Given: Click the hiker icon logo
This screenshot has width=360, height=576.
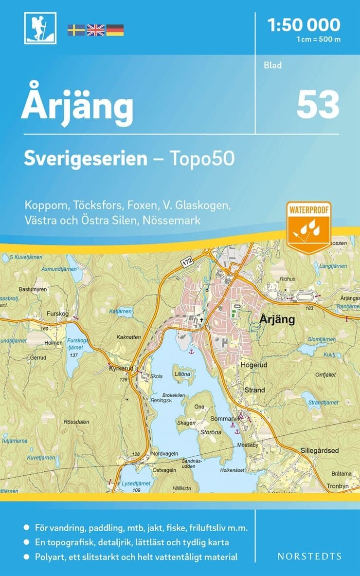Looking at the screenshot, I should coord(40,28).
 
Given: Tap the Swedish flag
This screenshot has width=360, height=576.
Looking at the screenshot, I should coord(76,30).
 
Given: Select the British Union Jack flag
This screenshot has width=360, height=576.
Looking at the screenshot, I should coord(95,30).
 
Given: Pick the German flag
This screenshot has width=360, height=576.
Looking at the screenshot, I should coord(115,30).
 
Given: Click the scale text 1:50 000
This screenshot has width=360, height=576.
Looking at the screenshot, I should coord(304,24).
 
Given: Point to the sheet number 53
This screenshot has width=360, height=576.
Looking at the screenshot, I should coord(318,105).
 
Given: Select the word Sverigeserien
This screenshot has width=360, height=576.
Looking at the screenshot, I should coord(86,158).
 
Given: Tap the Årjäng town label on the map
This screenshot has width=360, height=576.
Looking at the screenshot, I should coord(277,319).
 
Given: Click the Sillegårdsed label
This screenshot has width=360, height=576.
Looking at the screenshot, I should coord(320,450).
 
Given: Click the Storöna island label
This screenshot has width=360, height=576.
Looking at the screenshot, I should coord(211,432).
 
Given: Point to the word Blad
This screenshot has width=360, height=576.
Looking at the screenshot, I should coord(273,65).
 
